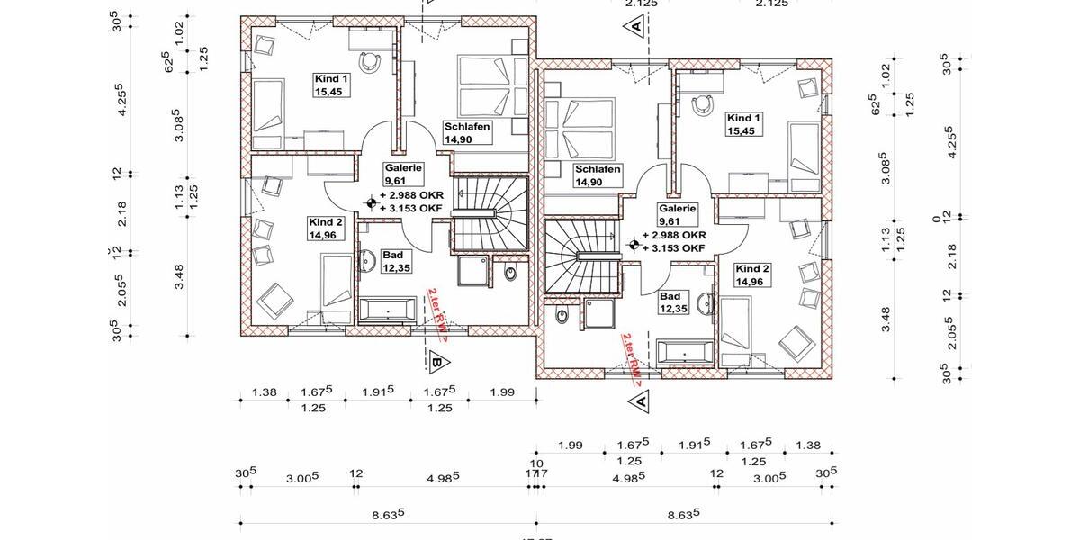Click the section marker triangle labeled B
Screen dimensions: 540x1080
pyautogui.click(x=437, y=363)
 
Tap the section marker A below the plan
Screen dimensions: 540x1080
pyautogui.click(x=638, y=399)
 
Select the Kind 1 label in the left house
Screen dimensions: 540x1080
pyautogui.click(x=329, y=84)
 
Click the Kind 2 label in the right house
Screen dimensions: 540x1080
pyautogui.click(x=752, y=274)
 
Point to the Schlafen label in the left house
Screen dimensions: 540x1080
pyautogui.click(x=466, y=132)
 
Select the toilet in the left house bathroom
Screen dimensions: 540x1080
pyautogui.click(x=510, y=273)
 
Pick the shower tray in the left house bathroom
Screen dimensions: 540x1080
pyautogui.click(x=473, y=270)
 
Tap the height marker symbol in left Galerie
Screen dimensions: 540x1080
pyautogui.click(x=369, y=203)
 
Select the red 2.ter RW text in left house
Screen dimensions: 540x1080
pyautogui.click(x=438, y=313)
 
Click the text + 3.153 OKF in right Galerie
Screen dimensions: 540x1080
pyautogui.click(x=670, y=247)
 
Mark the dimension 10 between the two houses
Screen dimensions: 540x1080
pyautogui.click(x=536, y=464)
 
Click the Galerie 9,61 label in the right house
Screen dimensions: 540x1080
pyautogui.click(x=677, y=214)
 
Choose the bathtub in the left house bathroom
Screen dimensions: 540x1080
pyautogui.click(x=388, y=311)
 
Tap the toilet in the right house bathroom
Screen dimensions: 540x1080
pyautogui.click(x=562, y=317)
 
